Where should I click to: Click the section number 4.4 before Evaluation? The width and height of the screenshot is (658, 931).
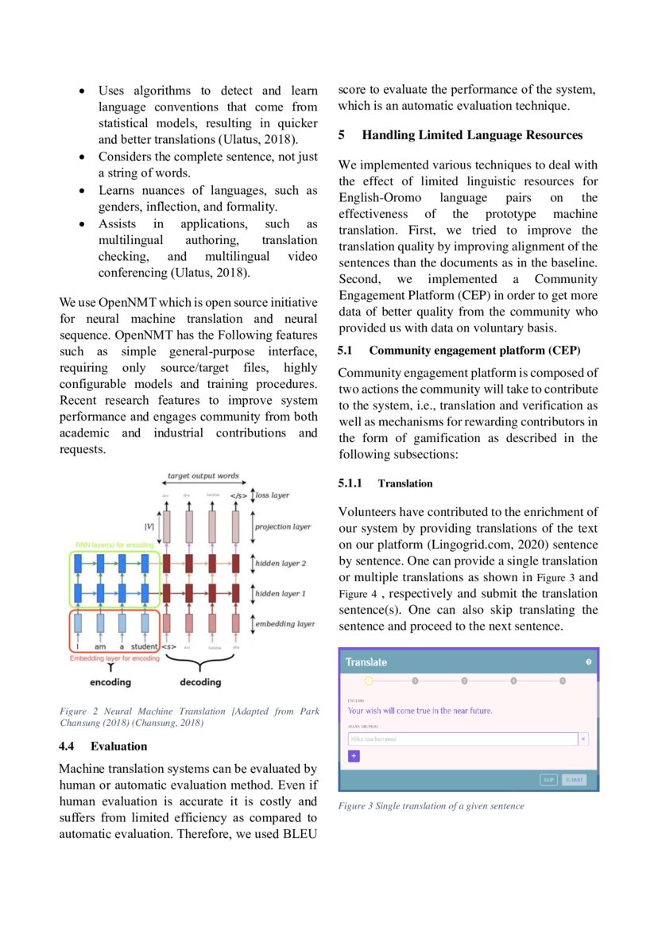[68, 746]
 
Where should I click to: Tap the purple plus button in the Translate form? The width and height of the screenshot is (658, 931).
[354, 755]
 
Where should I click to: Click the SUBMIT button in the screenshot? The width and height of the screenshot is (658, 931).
[574, 780]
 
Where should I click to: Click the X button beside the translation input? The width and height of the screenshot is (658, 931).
[583, 739]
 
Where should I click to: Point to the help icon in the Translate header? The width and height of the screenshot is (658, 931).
[588, 662]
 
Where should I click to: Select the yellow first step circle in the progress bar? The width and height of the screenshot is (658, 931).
[369, 681]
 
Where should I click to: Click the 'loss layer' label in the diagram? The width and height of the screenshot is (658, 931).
[272, 495]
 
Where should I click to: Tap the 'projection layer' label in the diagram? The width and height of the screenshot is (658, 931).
[283, 527]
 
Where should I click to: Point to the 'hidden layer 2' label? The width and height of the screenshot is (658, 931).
[281, 564]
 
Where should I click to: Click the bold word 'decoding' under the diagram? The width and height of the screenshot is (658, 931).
[200, 682]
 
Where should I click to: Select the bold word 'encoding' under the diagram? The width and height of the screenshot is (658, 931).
[110, 682]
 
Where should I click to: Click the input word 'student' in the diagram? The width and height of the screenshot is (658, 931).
[144, 647]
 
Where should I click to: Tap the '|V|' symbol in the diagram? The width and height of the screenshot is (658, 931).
[149, 526]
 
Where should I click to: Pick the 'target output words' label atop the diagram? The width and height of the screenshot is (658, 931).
[203, 476]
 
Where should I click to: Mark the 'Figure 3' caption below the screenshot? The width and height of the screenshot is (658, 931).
[431, 806]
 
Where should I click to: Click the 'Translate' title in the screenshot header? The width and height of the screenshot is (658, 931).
[366, 662]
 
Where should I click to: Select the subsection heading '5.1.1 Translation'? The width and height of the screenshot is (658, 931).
[385, 483]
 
